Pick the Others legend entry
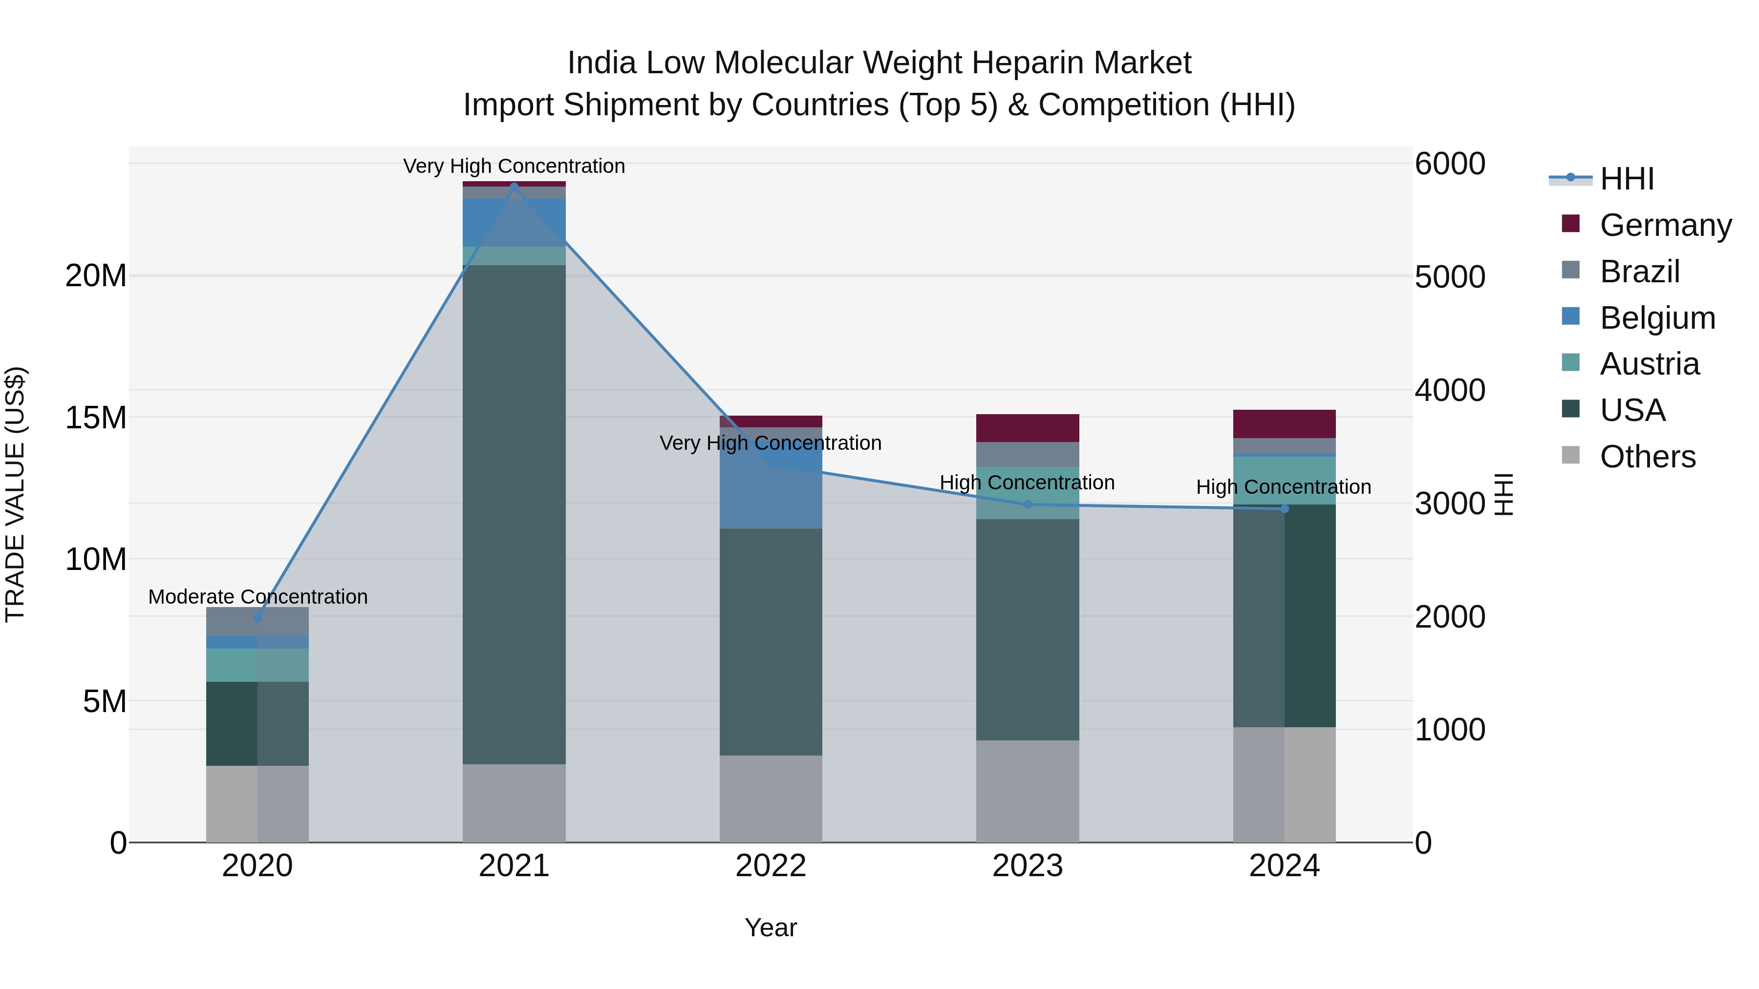pyautogui.click(x=1647, y=457)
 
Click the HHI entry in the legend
pyautogui.click(x=1627, y=179)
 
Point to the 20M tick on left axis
pyautogui.click(x=96, y=276)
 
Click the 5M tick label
pyautogui.click(x=105, y=701)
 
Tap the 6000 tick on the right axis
pyautogui.click(x=1450, y=164)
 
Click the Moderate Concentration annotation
pyautogui.click(x=257, y=596)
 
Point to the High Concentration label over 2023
pyautogui.click(x=1027, y=483)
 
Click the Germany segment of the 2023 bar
pyautogui.click(x=1027, y=428)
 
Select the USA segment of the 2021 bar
pyautogui.click(x=514, y=512)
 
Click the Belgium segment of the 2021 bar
pyautogui.click(x=514, y=222)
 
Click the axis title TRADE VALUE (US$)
pyautogui.click(x=15, y=494)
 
